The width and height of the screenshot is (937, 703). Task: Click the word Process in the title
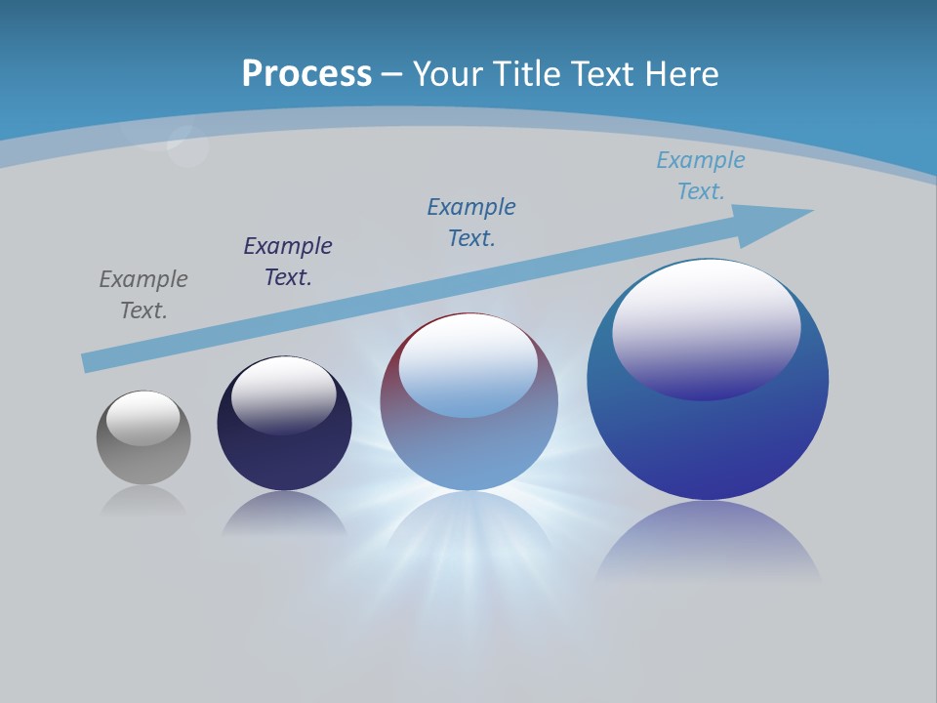coord(306,73)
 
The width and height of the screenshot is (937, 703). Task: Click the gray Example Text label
coord(143,294)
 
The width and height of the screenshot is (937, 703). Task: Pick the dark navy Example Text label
coord(288,261)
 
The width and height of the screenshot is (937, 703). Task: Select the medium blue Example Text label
coord(471,222)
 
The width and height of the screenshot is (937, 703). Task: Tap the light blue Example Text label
coord(700,175)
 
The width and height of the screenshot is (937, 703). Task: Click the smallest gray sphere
coord(143,459)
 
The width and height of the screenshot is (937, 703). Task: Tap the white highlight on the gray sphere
coord(143,418)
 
